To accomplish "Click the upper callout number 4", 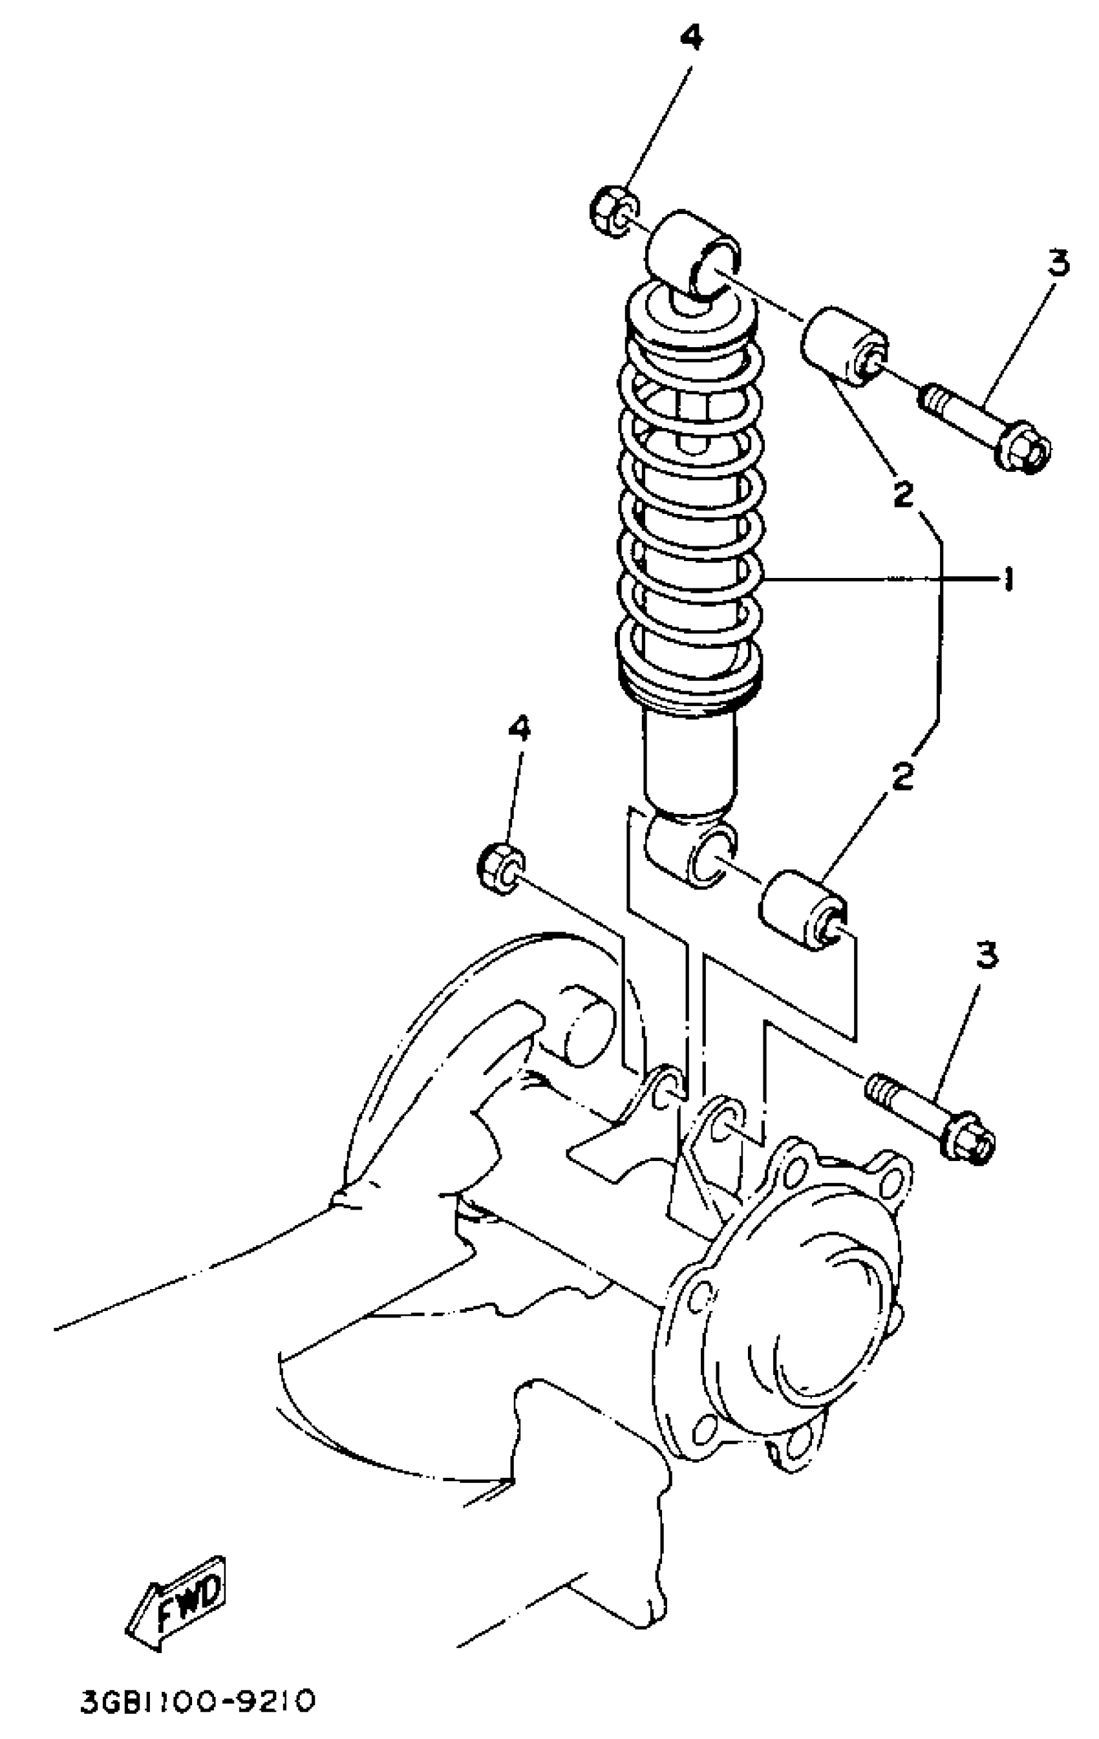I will (x=691, y=39).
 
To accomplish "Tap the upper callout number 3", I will (x=1057, y=264).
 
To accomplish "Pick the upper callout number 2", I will (x=902, y=494).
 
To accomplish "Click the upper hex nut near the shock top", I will (x=613, y=211).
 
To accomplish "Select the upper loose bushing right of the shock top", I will (x=844, y=345).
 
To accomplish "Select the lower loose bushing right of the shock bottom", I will (x=802, y=912).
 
